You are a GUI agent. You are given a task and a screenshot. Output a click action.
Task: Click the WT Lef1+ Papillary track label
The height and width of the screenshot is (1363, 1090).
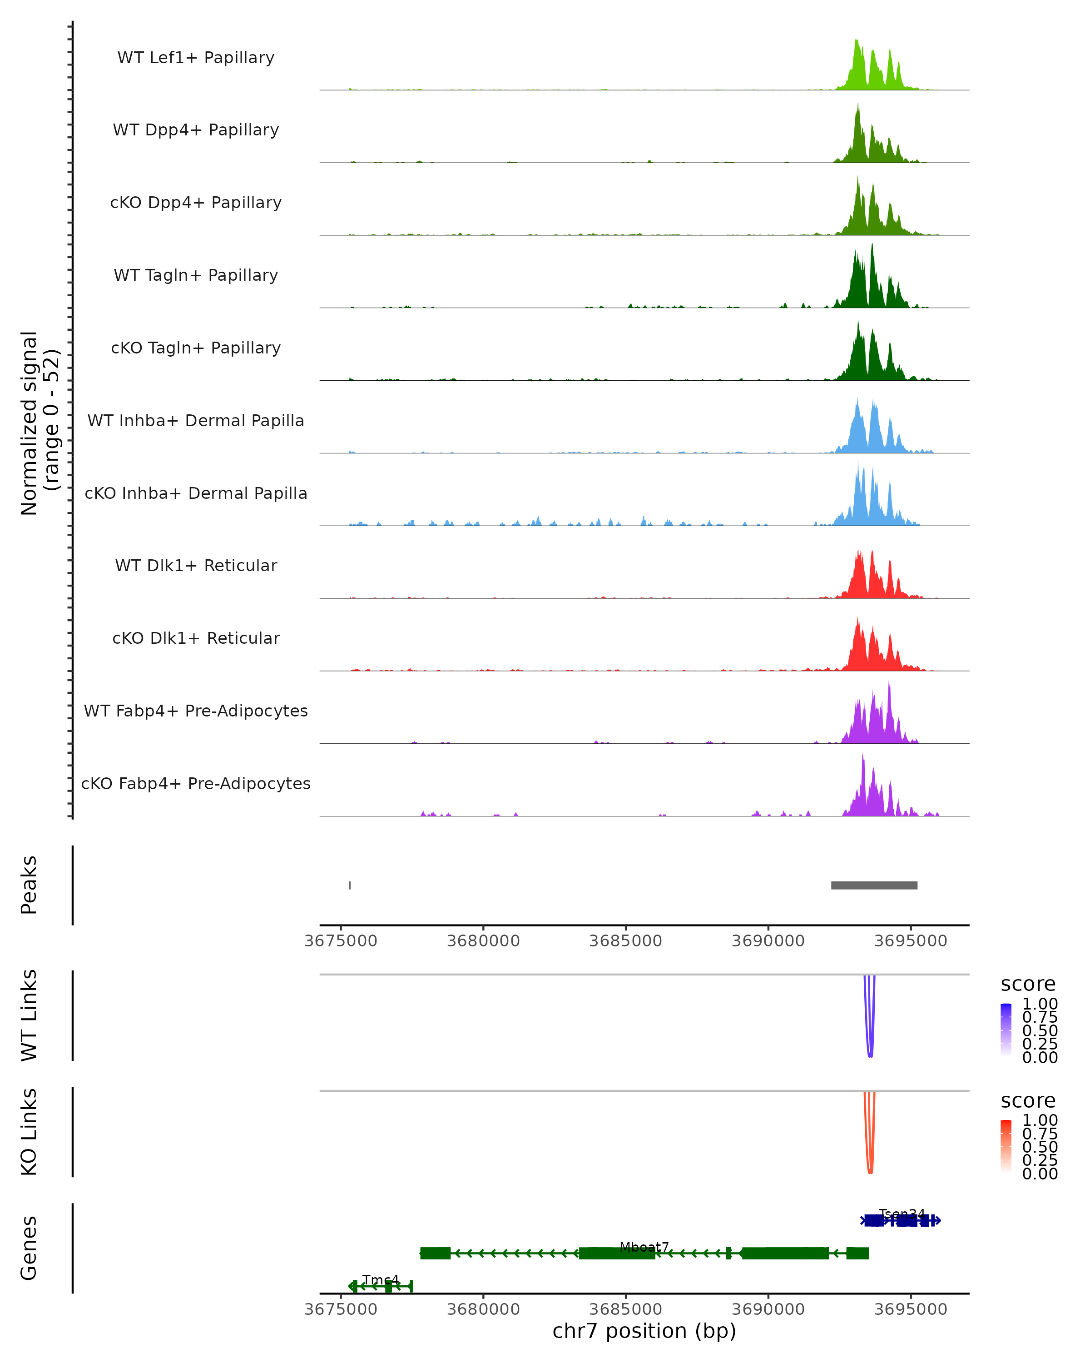pos(196,58)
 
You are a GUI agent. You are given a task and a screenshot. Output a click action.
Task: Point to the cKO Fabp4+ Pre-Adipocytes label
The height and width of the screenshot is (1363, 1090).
pos(196,783)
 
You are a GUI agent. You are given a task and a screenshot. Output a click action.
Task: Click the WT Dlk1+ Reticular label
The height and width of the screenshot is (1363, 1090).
pos(196,565)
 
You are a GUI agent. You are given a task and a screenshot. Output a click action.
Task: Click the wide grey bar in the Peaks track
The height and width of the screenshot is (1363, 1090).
pos(874,885)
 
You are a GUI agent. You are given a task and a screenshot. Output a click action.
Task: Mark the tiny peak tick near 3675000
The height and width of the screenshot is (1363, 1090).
pos(350,885)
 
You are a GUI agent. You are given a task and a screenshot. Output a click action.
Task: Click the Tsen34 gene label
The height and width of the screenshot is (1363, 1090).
pos(902,1214)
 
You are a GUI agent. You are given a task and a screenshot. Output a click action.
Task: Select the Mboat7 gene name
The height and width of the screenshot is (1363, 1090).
pos(644,1247)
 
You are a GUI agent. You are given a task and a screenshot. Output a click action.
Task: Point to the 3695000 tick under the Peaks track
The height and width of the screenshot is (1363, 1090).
pos(911,941)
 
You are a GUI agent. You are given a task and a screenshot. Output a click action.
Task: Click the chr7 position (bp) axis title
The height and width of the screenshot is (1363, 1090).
pos(644,1331)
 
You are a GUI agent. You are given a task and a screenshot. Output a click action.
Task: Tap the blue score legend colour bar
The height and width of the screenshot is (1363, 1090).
pos(1006,1030)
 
